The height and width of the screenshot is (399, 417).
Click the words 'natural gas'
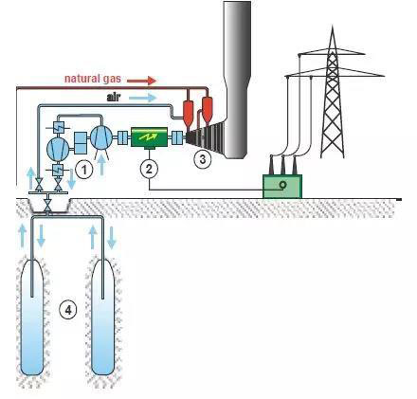(x=93, y=79)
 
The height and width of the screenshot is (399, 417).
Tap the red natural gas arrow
(x=141, y=81)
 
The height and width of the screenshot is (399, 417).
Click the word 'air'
(x=114, y=98)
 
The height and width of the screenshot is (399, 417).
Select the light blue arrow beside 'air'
(x=141, y=98)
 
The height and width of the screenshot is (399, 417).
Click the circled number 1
(x=84, y=171)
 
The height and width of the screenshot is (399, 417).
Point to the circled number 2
(x=149, y=169)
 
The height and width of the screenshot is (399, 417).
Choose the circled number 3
(x=202, y=159)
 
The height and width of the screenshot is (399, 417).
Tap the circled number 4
(x=68, y=311)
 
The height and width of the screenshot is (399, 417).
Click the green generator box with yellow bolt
(x=149, y=137)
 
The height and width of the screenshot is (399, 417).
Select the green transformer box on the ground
(x=282, y=187)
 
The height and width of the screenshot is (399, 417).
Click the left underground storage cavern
(x=31, y=317)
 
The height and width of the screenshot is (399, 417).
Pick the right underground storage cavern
(x=102, y=317)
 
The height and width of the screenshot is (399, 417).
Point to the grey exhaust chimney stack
(x=237, y=79)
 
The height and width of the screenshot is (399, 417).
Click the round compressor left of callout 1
(x=58, y=149)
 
